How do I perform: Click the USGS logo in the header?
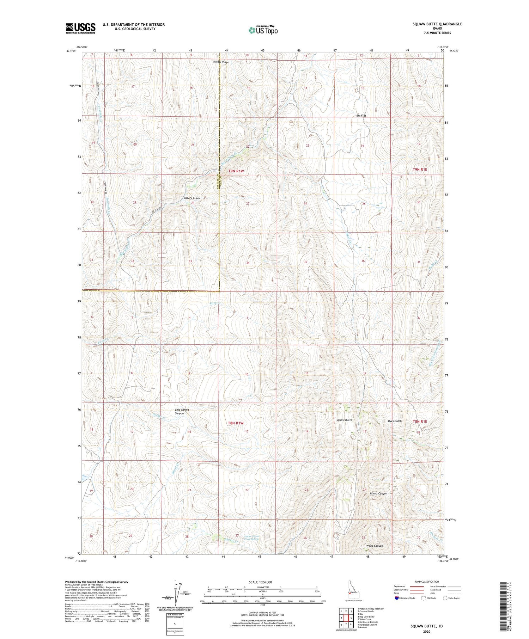pyautogui.click(x=80, y=28)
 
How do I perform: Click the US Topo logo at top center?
pyautogui.click(x=263, y=30)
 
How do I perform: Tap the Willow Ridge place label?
pyautogui.click(x=220, y=62)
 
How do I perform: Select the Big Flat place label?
pyautogui.click(x=361, y=116)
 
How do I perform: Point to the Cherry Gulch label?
pyautogui.click(x=191, y=198)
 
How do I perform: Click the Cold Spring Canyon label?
pyautogui.click(x=182, y=411)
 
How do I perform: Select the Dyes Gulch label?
pyautogui.click(x=395, y=421)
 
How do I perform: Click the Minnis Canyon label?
pyautogui.click(x=378, y=493)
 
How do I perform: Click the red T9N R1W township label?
pyautogui.click(x=236, y=171)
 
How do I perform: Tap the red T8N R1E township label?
pyautogui.click(x=420, y=422)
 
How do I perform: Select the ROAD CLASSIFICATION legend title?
pyautogui.click(x=427, y=582)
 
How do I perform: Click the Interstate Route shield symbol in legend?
pyautogui.click(x=397, y=598)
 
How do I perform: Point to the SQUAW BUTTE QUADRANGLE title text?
pyautogui.click(x=438, y=24)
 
